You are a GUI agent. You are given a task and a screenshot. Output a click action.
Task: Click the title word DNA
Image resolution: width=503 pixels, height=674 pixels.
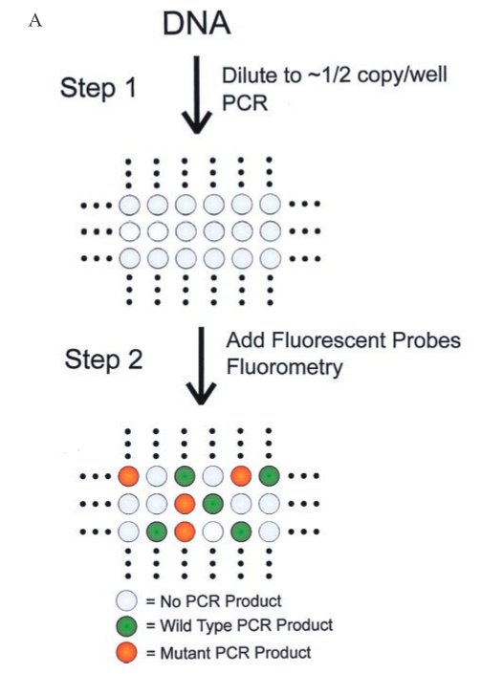click(196, 23)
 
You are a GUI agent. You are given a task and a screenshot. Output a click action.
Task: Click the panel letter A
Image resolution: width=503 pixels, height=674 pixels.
click(35, 20)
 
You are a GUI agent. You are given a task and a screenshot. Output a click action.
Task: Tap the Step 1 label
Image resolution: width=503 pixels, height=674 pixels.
click(98, 88)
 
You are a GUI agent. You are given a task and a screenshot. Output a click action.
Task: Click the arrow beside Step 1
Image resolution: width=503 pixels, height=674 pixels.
click(196, 95)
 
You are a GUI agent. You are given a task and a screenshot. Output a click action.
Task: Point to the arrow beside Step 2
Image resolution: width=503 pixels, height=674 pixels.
click(201, 366)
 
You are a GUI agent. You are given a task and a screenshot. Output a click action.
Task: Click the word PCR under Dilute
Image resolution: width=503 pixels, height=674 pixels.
click(245, 102)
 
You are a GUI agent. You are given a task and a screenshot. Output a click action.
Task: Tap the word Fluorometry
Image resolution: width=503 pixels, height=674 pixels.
click(285, 367)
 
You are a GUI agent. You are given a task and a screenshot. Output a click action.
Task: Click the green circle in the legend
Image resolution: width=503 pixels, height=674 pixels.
click(127, 626)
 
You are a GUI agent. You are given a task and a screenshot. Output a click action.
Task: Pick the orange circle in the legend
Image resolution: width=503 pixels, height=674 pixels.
click(127, 652)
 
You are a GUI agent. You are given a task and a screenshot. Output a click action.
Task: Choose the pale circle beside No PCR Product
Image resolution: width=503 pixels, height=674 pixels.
click(127, 600)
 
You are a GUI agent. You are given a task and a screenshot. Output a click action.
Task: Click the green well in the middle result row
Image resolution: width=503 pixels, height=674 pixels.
click(213, 504)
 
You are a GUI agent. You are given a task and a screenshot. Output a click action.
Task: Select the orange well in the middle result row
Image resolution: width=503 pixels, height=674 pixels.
click(185, 504)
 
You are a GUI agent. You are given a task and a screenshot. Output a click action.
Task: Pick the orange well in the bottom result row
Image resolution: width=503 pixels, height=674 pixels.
click(185, 532)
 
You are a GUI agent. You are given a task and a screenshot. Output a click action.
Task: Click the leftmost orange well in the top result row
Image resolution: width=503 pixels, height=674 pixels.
click(128, 476)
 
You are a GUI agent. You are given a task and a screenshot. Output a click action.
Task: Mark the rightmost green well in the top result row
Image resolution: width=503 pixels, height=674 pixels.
click(269, 476)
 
